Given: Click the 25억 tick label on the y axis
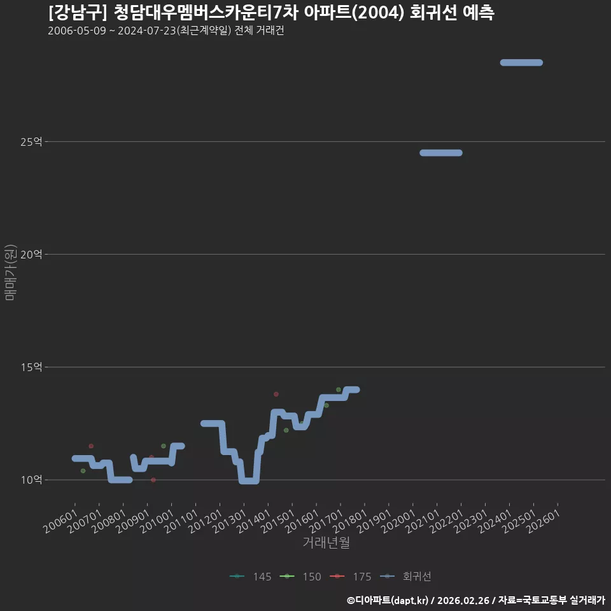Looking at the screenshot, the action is pos(31,142).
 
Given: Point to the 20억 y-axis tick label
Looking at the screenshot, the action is pos(31,255).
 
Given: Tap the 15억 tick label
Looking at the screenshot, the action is pos(31,367).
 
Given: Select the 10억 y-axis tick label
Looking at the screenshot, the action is pos(31,480).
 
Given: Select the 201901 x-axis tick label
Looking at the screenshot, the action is pos(374,521).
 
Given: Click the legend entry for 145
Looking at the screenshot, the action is pos(251,577).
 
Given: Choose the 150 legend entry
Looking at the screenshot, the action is pos(300,577).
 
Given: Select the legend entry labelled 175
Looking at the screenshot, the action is pos(350,577).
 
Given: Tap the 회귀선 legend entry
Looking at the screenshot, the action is pos(405,577).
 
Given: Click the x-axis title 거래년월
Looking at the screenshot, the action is pos(326,542).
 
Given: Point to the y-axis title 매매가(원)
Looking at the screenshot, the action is pos(10,272).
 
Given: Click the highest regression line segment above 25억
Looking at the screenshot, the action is pos(521,63).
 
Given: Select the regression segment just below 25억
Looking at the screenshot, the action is pos(441,153).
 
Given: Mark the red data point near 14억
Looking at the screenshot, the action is pos(276,395).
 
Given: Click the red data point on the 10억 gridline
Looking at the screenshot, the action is pos(153,480).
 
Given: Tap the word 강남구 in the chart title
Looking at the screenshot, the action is pos(77,13).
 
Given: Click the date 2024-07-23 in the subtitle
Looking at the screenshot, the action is pos(147,31).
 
